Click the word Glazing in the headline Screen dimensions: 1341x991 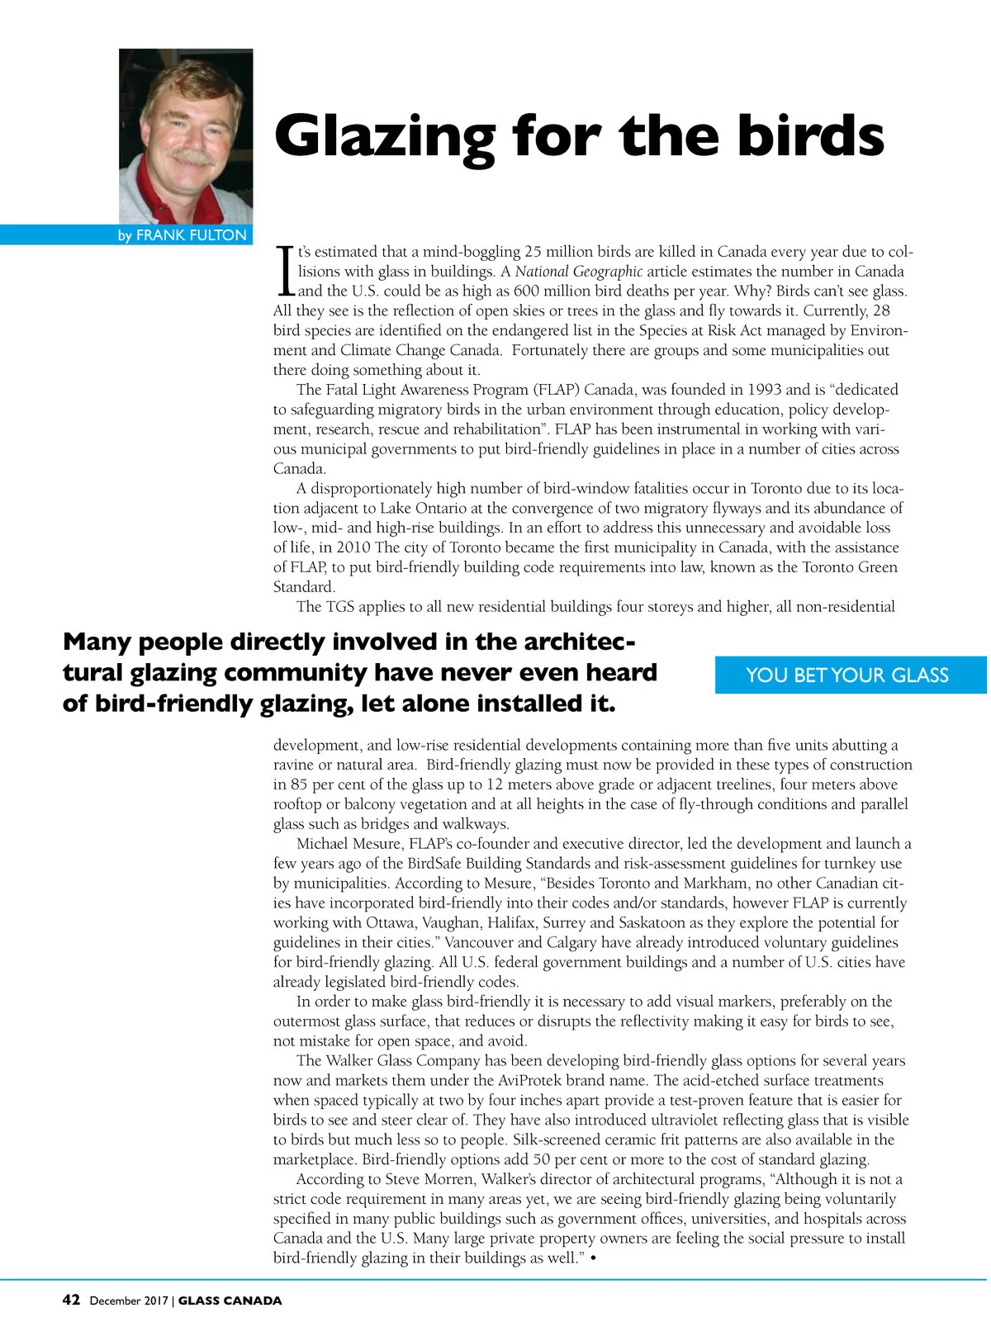(384, 137)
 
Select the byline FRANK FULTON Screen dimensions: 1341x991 (191, 235)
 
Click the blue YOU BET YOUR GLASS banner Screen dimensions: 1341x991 (848, 675)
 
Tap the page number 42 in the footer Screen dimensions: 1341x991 (72, 1300)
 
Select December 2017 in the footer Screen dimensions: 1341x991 (128, 1301)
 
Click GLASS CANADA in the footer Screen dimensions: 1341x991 (230, 1301)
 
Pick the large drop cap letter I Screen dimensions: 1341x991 (285, 271)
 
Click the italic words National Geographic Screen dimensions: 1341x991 (578, 272)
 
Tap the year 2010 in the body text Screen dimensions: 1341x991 (353, 547)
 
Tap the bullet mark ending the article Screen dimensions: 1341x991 (594, 1258)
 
